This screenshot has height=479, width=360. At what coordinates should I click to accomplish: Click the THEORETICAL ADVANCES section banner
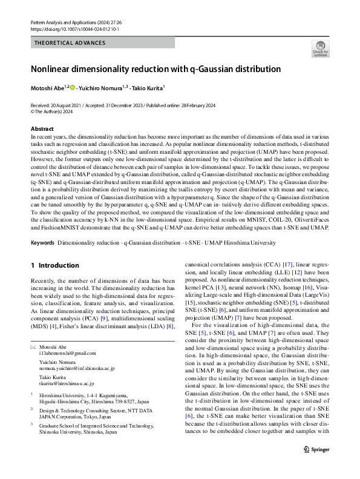coord(70,43)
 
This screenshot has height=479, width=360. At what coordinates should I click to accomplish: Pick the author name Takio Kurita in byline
coord(148,88)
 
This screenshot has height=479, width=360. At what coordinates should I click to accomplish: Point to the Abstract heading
coord(42,130)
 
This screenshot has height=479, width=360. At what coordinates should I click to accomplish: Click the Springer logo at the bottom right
coord(318,466)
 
